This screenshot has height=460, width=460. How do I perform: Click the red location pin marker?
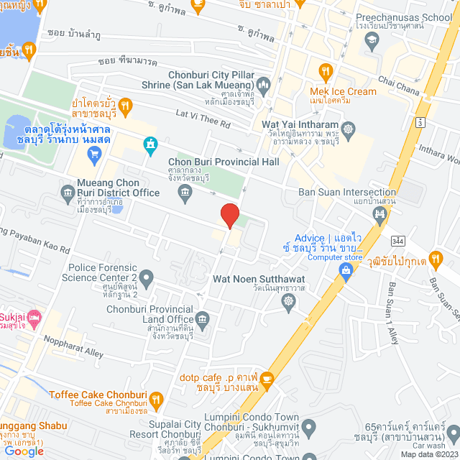tap(229, 215)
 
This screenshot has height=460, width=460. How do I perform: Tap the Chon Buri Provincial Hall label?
tap(223, 162)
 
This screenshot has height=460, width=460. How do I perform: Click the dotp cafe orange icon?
tap(267, 378)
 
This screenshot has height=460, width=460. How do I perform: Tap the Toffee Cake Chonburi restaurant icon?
tap(158, 397)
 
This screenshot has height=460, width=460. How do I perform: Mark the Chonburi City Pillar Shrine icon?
tap(263, 88)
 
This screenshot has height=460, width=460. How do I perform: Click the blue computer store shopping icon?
tap(346, 270)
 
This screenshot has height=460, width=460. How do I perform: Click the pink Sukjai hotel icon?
tap(35, 317)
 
